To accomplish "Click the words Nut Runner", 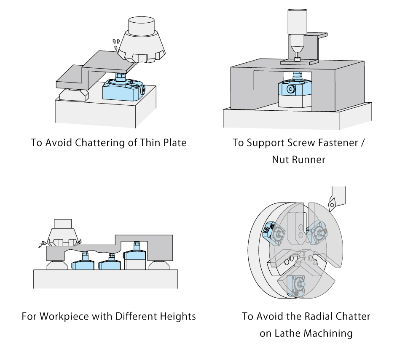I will (299, 160).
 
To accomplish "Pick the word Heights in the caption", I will (178, 316).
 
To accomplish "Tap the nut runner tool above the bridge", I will (296, 32).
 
